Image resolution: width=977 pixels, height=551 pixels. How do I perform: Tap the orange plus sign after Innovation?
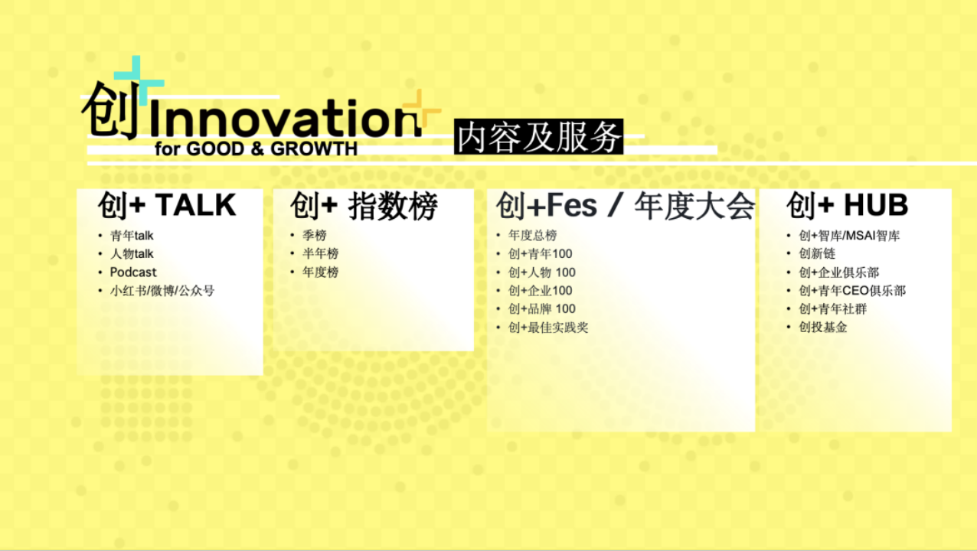420,109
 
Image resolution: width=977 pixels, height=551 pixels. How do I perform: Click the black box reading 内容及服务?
539,136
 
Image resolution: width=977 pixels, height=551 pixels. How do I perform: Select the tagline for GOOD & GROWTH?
256,149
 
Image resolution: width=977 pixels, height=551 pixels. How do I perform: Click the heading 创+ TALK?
167,205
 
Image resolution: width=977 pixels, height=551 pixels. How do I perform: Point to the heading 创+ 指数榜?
364,206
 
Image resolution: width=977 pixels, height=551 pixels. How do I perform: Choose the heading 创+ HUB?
848,205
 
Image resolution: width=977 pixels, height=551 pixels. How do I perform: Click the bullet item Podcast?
133,272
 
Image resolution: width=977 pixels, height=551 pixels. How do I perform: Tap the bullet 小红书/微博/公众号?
162,291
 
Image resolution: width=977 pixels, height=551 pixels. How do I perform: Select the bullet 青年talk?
132,236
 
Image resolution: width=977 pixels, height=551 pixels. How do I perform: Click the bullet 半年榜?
321,254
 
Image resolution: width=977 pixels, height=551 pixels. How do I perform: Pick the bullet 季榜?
315,236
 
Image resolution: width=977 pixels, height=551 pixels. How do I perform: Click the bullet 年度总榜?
533,236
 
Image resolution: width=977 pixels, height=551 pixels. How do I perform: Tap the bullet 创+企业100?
540,291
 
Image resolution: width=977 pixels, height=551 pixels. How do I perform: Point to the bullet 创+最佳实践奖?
548,328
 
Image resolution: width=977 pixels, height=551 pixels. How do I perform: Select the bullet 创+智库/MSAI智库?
849,236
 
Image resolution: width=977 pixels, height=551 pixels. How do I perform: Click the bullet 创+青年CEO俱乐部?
852,291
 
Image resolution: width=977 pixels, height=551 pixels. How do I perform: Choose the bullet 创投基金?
822,328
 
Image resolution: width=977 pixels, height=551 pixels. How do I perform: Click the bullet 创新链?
817,254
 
